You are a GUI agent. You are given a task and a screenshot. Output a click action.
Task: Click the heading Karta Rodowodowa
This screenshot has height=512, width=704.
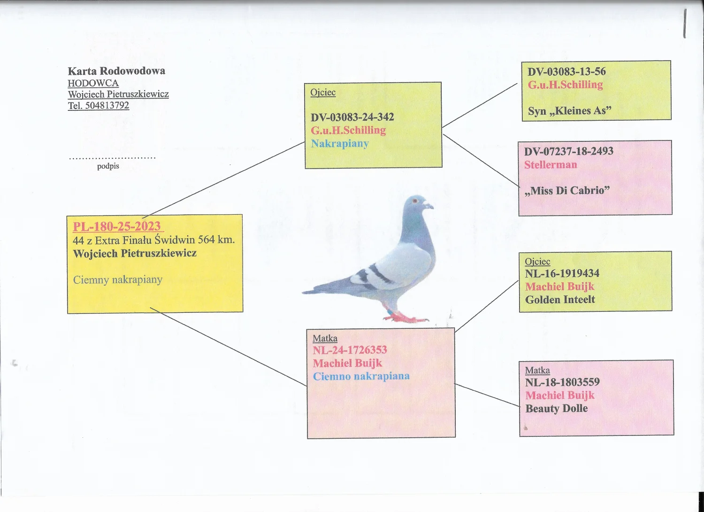[x=116, y=71]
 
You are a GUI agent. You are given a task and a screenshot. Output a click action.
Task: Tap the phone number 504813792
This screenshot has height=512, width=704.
[x=107, y=105]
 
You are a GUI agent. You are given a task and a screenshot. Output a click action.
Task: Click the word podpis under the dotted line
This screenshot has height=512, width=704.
[x=108, y=166]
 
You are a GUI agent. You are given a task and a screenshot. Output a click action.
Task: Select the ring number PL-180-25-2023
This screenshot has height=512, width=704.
[x=117, y=226]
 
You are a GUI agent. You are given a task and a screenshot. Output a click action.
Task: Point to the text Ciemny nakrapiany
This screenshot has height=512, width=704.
[x=118, y=279]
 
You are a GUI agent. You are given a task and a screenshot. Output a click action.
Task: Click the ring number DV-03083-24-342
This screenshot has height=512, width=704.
[x=352, y=117]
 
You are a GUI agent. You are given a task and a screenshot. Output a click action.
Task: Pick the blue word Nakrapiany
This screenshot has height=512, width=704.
[x=340, y=144]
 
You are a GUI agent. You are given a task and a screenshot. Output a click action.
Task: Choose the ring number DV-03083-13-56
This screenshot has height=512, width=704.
[x=566, y=72]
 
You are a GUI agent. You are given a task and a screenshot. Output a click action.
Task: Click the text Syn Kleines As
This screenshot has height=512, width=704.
[x=569, y=111]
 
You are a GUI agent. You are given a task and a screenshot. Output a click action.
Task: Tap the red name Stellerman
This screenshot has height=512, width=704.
[x=551, y=165]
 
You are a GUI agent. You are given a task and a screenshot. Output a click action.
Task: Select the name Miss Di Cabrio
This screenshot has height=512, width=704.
[x=567, y=191]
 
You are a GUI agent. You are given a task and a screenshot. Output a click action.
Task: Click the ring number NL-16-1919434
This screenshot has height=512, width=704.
[x=562, y=273]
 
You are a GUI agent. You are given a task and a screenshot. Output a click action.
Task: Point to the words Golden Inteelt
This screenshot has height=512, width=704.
[x=560, y=299]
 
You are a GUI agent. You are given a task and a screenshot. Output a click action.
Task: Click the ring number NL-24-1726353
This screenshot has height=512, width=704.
[x=350, y=350]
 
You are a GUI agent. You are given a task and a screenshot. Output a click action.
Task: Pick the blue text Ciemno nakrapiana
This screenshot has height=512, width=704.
[x=361, y=376]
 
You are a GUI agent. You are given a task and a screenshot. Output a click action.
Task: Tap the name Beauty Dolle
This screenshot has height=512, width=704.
[x=557, y=409]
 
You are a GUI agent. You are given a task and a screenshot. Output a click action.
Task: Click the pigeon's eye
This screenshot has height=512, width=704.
[x=415, y=201]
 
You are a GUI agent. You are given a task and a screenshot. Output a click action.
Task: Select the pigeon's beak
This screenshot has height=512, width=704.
[x=429, y=206]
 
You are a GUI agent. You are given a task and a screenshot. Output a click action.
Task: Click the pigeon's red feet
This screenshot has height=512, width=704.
[x=406, y=317]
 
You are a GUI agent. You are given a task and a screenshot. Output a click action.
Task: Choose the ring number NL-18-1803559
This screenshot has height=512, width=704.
[x=563, y=382]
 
